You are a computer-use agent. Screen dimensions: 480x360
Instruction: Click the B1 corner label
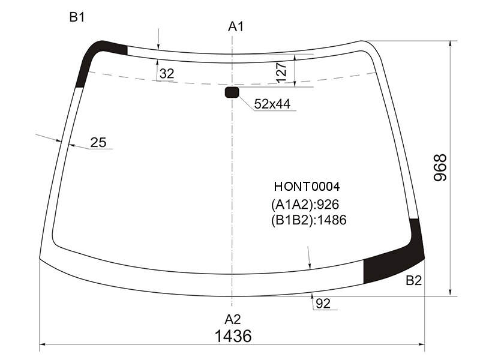tap(77, 17)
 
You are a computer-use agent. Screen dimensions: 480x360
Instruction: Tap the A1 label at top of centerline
tap(236, 27)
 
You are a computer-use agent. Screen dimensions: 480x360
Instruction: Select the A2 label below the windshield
tap(233, 319)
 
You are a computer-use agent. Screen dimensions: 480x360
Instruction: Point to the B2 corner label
tap(413, 280)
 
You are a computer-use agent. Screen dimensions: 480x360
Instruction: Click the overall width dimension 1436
tap(233, 336)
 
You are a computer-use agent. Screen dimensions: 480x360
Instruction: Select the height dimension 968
tap(440, 168)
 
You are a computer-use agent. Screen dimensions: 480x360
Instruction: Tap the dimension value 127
tap(281, 73)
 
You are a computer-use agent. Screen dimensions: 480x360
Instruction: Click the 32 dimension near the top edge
tap(167, 73)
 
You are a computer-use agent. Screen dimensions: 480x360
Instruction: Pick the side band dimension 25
tap(98, 142)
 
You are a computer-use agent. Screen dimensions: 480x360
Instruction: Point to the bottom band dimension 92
tap(323, 304)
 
